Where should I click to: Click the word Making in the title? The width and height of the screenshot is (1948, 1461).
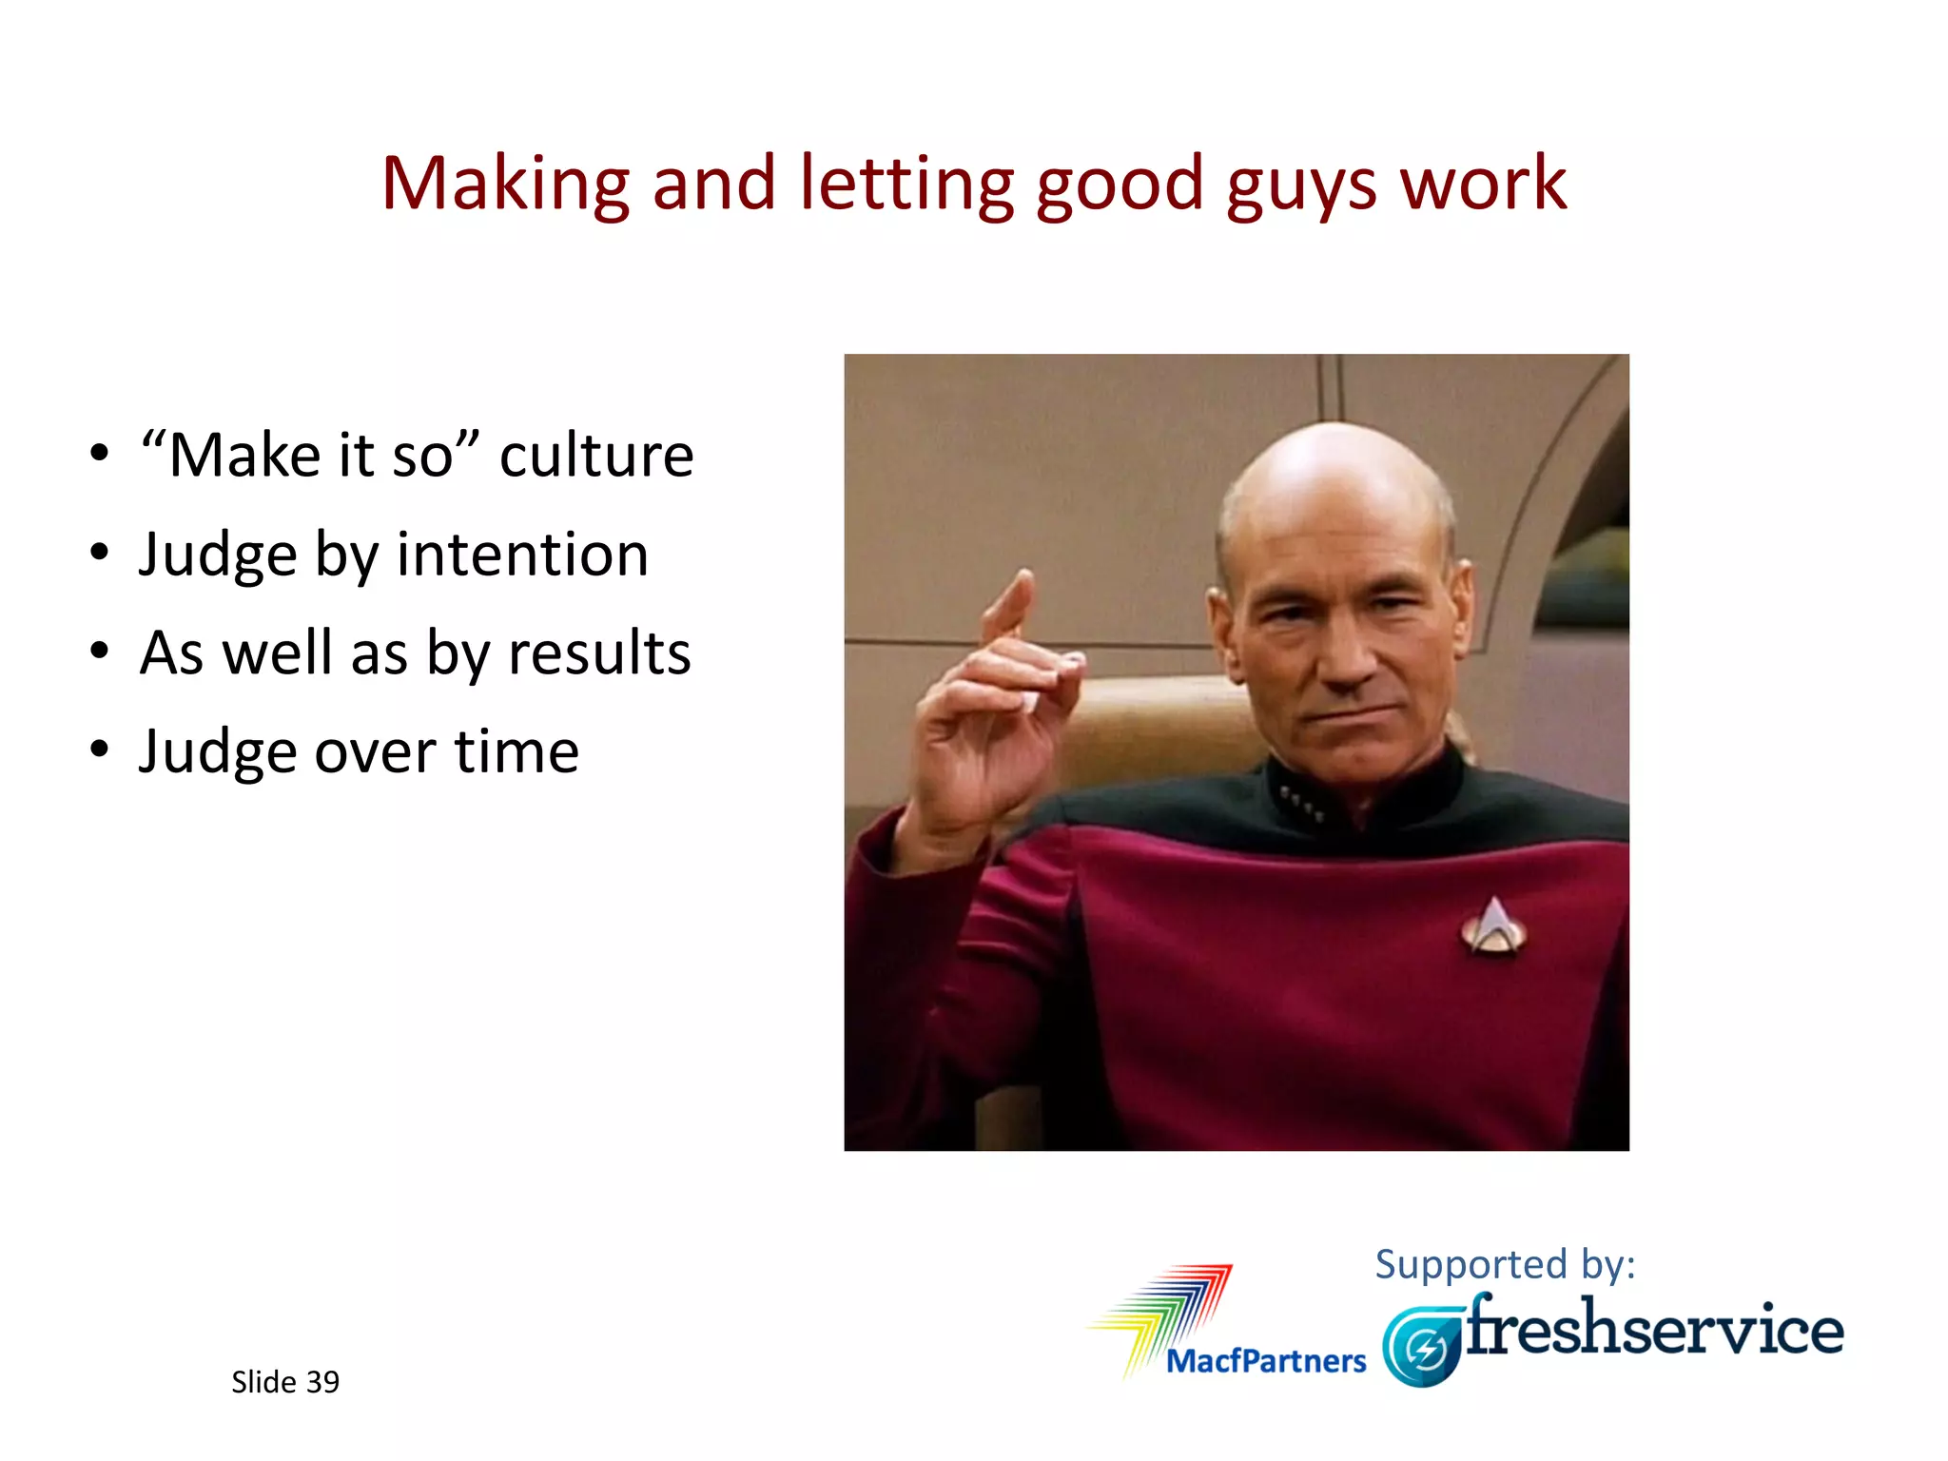(505, 184)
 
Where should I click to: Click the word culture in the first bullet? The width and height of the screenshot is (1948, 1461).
(596, 455)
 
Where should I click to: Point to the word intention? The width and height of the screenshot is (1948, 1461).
(522, 555)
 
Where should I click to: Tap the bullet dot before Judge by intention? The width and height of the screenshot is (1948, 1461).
(100, 554)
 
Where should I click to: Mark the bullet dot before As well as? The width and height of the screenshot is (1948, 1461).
(100, 653)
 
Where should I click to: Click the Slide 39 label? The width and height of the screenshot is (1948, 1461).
(285, 1382)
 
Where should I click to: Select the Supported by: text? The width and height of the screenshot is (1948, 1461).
(1505, 1264)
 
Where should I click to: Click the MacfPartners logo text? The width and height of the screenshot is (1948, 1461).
(1266, 1361)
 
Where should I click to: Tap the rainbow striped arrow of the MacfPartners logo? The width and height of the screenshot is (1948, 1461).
(1170, 1308)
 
